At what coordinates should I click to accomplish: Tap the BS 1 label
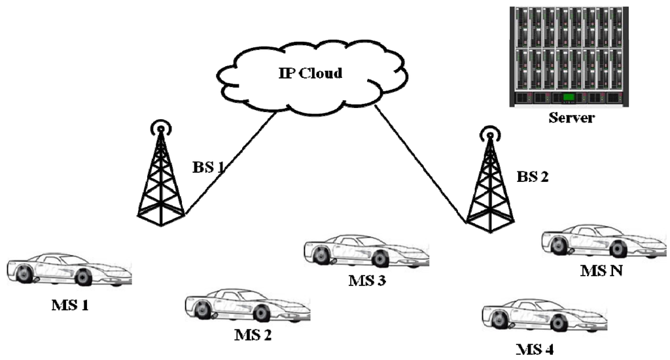207,167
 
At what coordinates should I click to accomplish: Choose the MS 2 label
253,336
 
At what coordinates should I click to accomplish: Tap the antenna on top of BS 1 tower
159,126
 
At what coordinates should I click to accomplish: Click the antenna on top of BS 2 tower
488,135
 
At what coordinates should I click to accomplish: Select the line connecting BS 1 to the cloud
230,164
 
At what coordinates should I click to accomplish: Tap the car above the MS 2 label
247,306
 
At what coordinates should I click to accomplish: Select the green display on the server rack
569,98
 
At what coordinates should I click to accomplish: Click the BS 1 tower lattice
160,183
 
